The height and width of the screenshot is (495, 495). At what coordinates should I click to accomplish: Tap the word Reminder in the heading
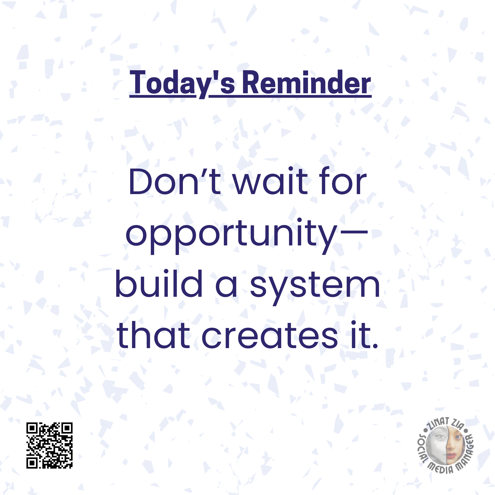[x=307, y=82]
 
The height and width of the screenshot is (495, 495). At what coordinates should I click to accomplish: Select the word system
[x=315, y=287]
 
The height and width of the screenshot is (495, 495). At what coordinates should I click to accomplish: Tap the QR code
[x=49, y=445]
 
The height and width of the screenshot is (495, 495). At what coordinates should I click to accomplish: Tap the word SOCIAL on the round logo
[x=423, y=448]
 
